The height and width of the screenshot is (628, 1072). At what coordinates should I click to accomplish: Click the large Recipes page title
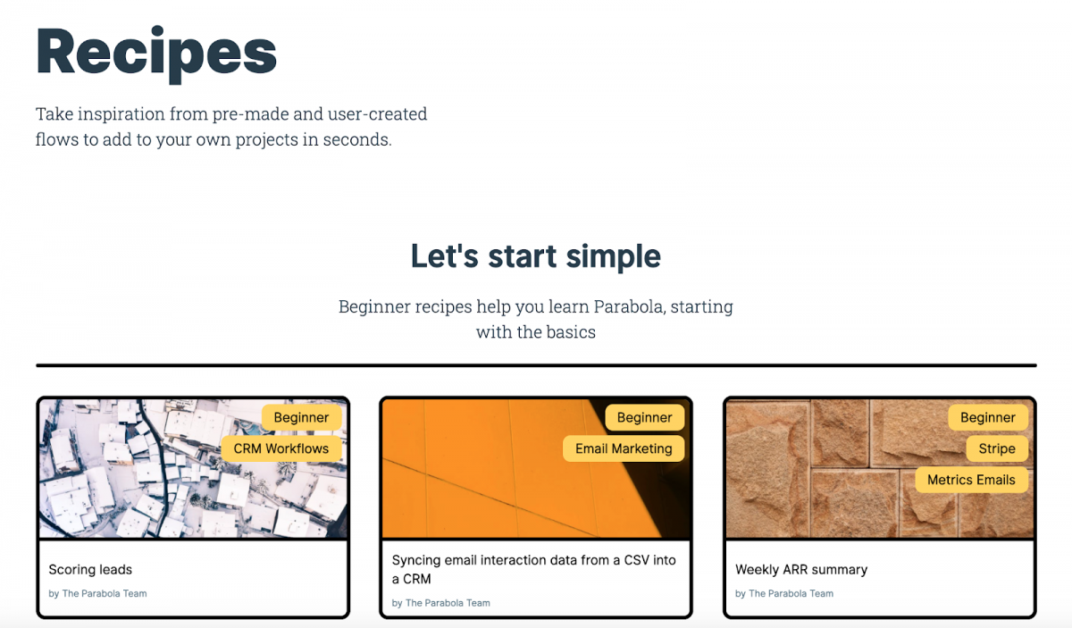[x=156, y=52]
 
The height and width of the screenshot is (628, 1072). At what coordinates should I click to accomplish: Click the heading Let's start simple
[x=535, y=256]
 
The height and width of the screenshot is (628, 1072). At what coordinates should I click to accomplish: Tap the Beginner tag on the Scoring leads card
[x=301, y=417]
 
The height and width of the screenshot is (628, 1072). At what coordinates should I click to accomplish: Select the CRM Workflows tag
[x=281, y=448]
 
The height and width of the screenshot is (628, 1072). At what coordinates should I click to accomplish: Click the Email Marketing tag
[x=624, y=448]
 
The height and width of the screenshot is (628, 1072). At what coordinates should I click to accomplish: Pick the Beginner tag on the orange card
[x=644, y=417]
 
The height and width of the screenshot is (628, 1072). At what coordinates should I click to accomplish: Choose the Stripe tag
[x=996, y=448]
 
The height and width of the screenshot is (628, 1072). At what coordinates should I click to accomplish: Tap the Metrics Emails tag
[x=971, y=480]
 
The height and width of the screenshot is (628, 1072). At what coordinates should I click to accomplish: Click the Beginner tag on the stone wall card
[x=987, y=417]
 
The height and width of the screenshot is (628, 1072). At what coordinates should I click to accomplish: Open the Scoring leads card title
[x=90, y=569]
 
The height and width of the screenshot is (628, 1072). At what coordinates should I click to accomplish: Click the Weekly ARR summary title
[x=801, y=569]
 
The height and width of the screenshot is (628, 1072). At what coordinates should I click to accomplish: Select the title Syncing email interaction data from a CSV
[x=533, y=569]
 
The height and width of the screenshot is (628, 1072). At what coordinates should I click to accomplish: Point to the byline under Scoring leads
[x=97, y=593]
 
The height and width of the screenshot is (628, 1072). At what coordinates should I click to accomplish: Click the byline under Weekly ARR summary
[x=784, y=593]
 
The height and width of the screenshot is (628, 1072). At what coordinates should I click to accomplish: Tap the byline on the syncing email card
[x=441, y=603]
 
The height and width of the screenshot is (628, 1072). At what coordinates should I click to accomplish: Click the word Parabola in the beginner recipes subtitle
[x=627, y=306]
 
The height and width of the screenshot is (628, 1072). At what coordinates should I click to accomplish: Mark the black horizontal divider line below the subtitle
[x=536, y=365]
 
